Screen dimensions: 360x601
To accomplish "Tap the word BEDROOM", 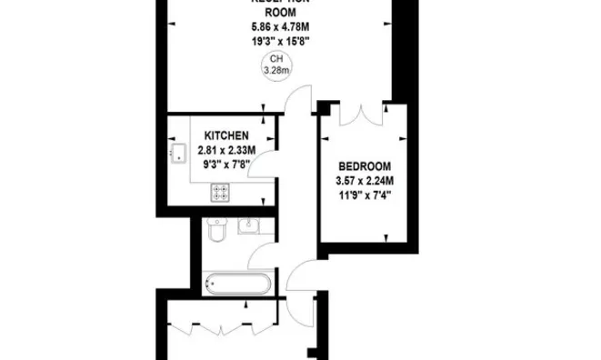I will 364,166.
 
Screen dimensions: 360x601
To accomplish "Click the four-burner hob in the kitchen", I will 220,192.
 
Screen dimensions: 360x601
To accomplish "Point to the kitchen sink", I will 176,152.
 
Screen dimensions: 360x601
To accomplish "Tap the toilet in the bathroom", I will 217,232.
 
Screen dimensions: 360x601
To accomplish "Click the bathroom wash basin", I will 248,226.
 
